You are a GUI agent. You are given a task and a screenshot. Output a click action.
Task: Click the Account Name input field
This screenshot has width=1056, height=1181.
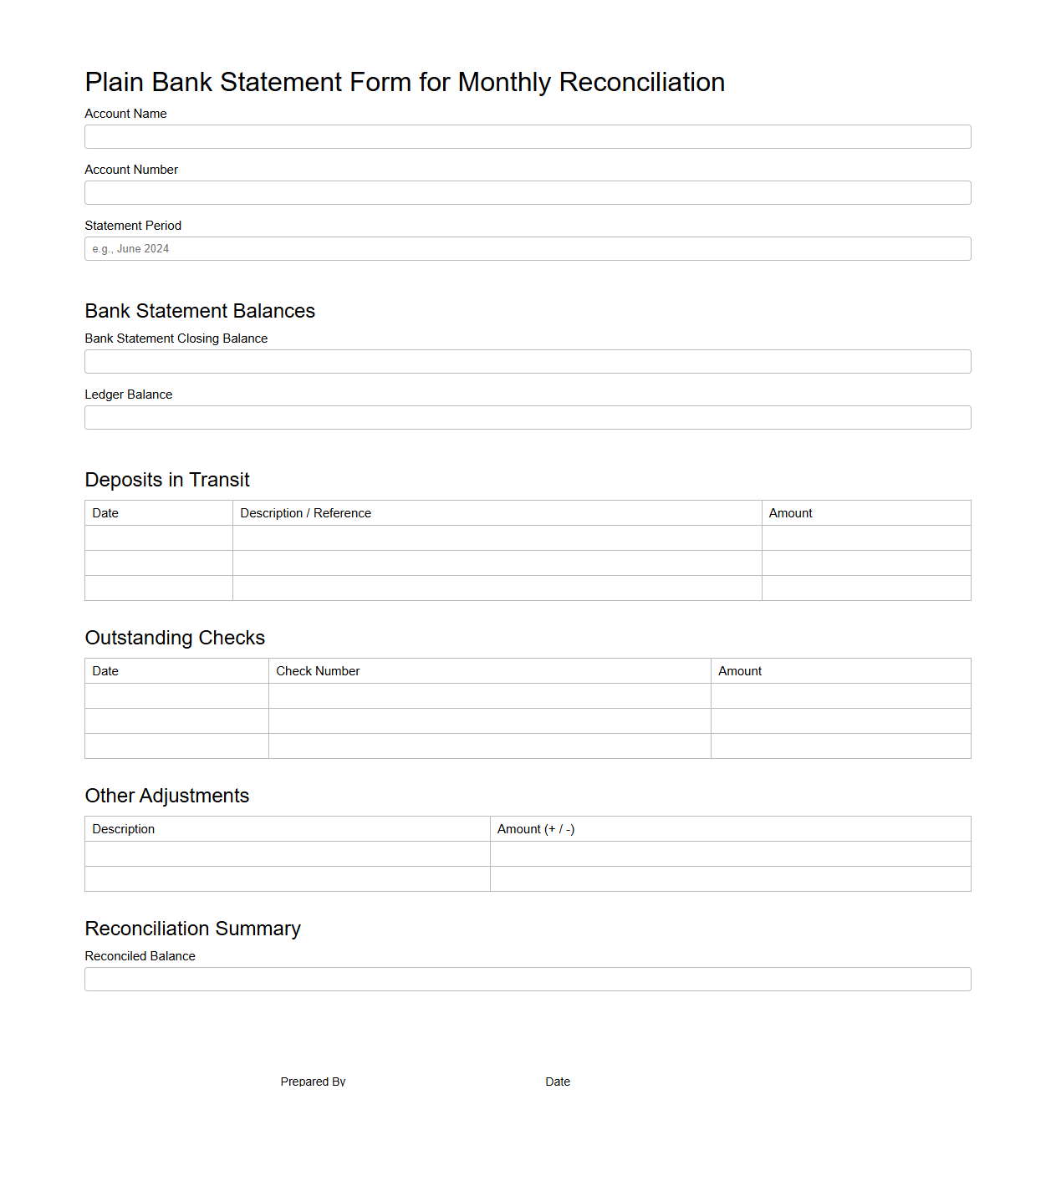528,137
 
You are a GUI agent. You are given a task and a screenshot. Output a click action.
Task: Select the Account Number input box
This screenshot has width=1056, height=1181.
528,193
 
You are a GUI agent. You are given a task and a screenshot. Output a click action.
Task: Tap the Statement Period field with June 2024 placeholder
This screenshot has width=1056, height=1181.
528,249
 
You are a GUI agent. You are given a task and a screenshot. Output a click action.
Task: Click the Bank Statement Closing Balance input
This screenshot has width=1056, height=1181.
528,362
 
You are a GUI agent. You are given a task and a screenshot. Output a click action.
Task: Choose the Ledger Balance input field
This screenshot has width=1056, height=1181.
528,418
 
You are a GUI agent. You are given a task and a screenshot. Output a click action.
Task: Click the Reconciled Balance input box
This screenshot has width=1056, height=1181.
528,980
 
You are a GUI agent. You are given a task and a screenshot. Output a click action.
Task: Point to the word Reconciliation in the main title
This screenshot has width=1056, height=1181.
641,83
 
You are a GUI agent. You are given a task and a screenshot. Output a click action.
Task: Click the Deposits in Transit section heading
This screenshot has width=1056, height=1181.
167,480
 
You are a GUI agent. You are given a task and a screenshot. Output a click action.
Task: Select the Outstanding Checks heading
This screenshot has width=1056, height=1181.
175,638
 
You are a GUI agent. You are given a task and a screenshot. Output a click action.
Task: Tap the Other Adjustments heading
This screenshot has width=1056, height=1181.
167,796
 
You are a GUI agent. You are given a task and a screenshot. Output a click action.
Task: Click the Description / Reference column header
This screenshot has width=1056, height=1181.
305,513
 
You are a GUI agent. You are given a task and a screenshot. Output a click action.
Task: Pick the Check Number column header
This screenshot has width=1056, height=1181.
318,671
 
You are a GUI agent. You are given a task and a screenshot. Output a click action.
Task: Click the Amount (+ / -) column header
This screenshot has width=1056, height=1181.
536,829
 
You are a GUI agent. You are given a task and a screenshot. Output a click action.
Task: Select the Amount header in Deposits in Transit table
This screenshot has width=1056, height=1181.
790,513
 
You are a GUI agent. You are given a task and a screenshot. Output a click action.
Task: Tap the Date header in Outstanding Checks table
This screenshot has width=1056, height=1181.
105,671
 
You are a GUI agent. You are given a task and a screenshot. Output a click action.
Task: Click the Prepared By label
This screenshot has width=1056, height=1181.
313,1082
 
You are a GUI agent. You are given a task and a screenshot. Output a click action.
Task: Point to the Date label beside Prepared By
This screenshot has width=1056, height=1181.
558,1082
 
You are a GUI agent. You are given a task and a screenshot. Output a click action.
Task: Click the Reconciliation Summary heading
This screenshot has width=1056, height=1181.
192,929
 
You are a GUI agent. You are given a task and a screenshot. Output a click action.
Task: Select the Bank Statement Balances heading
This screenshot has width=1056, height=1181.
200,311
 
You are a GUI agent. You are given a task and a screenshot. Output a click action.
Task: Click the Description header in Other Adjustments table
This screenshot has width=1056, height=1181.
124,829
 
